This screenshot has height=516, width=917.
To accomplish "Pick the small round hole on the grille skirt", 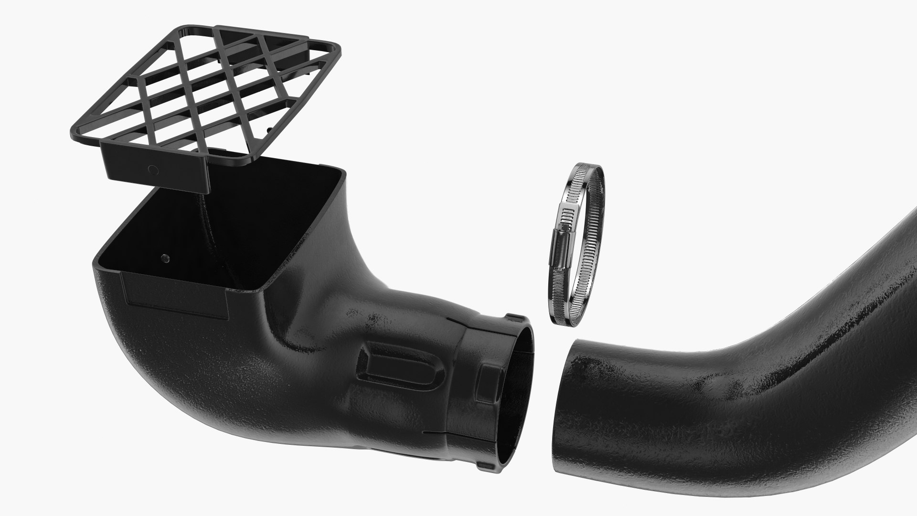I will pos(153,170).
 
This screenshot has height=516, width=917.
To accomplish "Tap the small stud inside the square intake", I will pos(165,258).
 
